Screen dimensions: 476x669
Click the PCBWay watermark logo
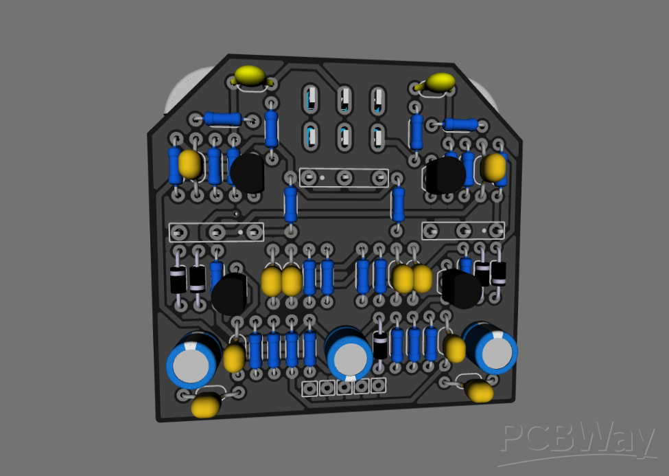point(577,440)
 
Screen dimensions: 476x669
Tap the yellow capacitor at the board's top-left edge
point(250,76)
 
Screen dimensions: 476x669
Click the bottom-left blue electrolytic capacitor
point(192,359)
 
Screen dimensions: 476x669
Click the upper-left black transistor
point(247,173)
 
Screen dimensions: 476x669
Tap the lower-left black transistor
point(230,294)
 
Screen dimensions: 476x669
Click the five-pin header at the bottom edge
point(344,387)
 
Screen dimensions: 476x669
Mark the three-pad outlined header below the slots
point(343,178)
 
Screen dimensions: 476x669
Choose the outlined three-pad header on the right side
point(463,230)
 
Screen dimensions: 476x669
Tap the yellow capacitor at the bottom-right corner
point(479,391)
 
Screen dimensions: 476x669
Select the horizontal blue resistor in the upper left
point(222,119)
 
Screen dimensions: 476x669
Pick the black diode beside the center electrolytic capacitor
point(380,345)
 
